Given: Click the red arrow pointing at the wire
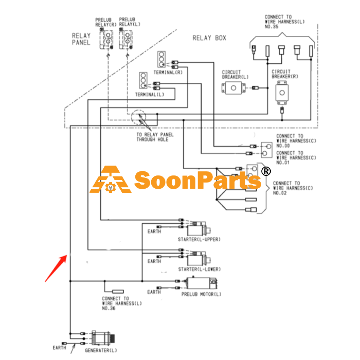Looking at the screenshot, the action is coord(56,268).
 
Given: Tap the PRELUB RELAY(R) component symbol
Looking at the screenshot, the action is coord(106,39).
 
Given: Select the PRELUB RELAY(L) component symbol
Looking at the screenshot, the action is coord(126,39).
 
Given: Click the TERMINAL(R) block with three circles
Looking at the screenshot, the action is coord(161,59).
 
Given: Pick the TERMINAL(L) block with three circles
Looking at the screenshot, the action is coord(143,80).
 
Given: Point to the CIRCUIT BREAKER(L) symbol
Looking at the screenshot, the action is coord(233,88).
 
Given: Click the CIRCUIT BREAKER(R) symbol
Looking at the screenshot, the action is coord(282,93).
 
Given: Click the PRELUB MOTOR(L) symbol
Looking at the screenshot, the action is coord(201,283).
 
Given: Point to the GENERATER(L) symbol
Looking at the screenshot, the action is coord(103,338).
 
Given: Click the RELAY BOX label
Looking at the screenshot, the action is coord(209,38).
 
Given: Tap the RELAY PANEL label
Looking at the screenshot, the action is coord(81,39).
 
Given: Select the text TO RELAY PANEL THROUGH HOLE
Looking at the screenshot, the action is coord(155,137).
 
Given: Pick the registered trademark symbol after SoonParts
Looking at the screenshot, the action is coord(266,171).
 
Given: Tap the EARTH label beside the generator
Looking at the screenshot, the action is coord(59,348).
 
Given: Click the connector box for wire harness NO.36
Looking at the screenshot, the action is coord(118,292).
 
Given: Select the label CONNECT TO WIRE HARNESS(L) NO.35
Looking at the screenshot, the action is coord(285,22).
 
